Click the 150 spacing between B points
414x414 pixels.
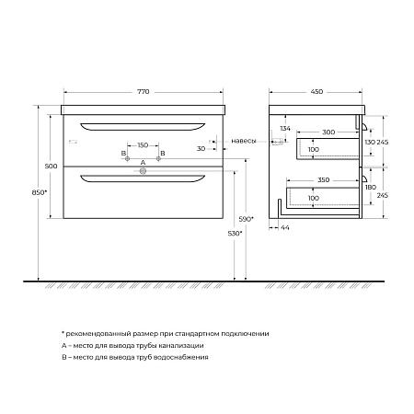(143, 145)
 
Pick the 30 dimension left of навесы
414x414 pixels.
(200, 148)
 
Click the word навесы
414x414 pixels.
(244, 141)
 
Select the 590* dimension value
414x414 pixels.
(246, 220)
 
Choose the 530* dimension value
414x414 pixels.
(234, 235)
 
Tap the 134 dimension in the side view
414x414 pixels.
(286, 129)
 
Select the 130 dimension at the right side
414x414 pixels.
(369, 142)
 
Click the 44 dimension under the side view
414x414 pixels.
(286, 226)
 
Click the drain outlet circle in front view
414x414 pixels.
(143, 170)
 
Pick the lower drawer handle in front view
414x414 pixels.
(143, 178)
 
